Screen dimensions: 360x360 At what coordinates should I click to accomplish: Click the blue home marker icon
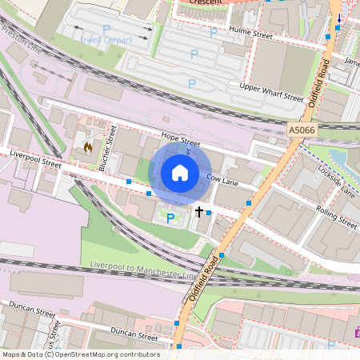click(x=180, y=172)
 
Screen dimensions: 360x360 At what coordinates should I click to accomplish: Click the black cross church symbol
click(x=199, y=212)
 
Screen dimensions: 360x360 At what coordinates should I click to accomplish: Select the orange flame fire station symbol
click(x=87, y=147)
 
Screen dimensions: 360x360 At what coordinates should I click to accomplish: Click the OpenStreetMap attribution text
click(x=81, y=354)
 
